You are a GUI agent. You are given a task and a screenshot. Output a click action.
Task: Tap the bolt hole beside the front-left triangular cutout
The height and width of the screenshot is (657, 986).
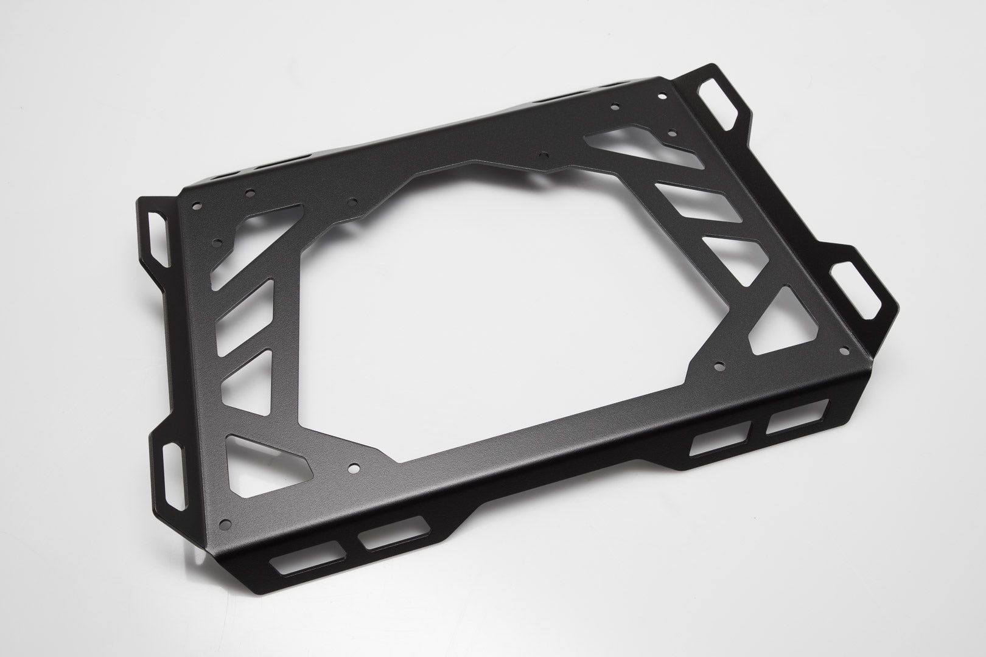pos(353,469)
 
